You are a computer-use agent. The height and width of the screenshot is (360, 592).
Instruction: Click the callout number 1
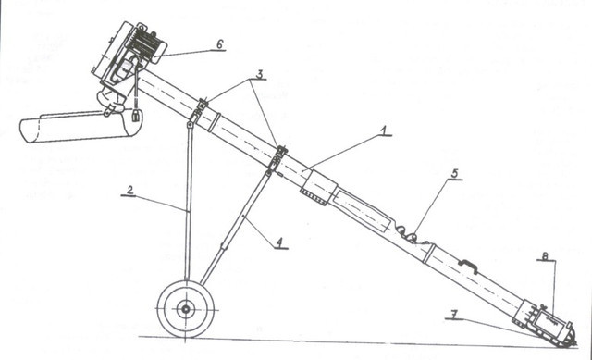tap(383, 130)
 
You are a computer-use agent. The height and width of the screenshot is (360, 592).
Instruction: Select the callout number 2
tap(129, 191)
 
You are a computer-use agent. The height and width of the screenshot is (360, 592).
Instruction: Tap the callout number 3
tap(259, 74)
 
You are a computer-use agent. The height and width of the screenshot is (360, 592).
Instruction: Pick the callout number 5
tap(454, 174)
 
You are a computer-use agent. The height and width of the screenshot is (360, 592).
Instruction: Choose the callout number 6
tap(220, 44)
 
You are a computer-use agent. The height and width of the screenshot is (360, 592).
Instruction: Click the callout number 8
tap(545, 256)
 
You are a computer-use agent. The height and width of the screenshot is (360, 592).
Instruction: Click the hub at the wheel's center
tap(185, 309)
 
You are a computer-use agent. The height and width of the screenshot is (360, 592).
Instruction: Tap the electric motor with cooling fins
tap(146, 44)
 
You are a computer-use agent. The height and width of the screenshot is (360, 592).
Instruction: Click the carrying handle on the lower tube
tap(468, 265)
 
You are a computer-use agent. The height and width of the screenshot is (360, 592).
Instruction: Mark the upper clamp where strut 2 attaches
tap(198, 109)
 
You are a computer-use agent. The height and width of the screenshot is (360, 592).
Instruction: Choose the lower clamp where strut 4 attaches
tap(277, 158)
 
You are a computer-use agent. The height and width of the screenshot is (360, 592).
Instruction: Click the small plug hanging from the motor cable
tap(136, 115)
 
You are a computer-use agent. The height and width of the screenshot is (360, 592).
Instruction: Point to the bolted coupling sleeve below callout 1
tap(319, 188)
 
